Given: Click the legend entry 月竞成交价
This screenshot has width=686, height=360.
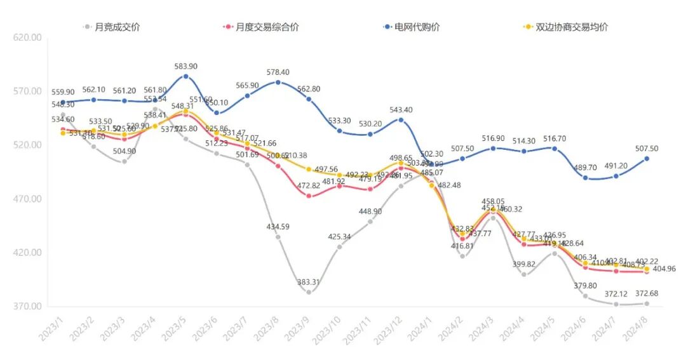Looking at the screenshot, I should [117, 27].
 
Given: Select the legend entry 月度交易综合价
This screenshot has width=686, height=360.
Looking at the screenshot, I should [267, 27].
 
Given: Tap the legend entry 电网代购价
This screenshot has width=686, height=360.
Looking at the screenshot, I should [417, 27].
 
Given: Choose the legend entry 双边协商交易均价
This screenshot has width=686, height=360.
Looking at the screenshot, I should [572, 27].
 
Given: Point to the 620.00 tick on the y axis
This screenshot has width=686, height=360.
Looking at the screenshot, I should [27, 38].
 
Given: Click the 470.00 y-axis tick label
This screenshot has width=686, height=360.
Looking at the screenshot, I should [27, 199].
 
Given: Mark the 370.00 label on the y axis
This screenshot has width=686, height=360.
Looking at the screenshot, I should [27, 307].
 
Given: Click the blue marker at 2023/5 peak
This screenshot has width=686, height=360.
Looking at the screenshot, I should [185, 76].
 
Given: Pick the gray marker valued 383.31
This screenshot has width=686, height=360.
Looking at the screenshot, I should [309, 292].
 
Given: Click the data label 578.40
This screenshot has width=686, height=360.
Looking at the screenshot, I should [278, 72].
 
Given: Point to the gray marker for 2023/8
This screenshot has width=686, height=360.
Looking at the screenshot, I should [278, 237].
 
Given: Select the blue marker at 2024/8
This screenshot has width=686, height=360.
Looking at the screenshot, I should [647, 159].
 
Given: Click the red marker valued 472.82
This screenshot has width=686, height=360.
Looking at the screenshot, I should [309, 196].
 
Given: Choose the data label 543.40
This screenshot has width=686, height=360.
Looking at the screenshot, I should [400, 110].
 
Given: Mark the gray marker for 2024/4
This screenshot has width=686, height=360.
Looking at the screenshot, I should [523, 274].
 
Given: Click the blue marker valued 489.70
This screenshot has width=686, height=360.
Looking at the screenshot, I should [585, 178].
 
